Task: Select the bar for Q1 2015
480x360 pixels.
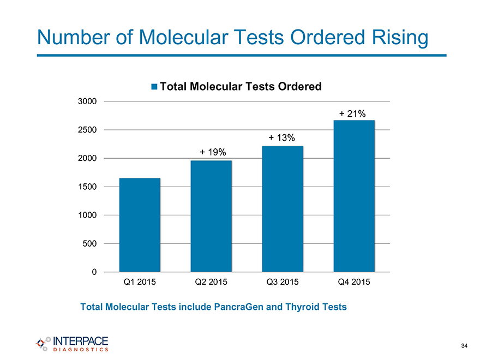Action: pyautogui.click(x=140, y=225)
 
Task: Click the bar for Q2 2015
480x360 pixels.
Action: pyautogui.click(x=211, y=216)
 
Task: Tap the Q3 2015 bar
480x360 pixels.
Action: pyautogui.click(x=283, y=209)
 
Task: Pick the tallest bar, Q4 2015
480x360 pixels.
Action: pyautogui.click(x=354, y=196)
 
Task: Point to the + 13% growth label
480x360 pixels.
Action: pyautogui.click(x=282, y=137)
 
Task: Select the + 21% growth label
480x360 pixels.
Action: pyautogui.click(x=352, y=113)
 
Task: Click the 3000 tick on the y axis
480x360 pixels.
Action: pyautogui.click(x=88, y=101)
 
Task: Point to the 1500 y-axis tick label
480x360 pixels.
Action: pyautogui.click(x=88, y=187)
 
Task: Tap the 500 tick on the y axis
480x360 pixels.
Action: pyautogui.click(x=90, y=243)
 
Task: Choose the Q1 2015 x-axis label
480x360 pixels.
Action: pyautogui.click(x=140, y=283)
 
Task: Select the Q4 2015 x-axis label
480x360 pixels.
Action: pyautogui.click(x=354, y=283)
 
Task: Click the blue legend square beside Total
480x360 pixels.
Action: pyautogui.click(x=154, y=87)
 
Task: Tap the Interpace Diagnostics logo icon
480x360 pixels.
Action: pyautogui.click(x=42, y=343)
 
